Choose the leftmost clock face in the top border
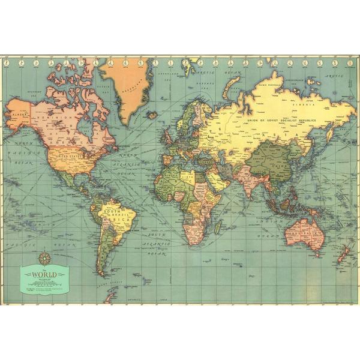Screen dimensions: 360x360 click(x=8, y=62)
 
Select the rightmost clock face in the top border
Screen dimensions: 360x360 click(x=352, y=62)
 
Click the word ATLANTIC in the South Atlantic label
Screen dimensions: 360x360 click(x=155, y=246)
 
